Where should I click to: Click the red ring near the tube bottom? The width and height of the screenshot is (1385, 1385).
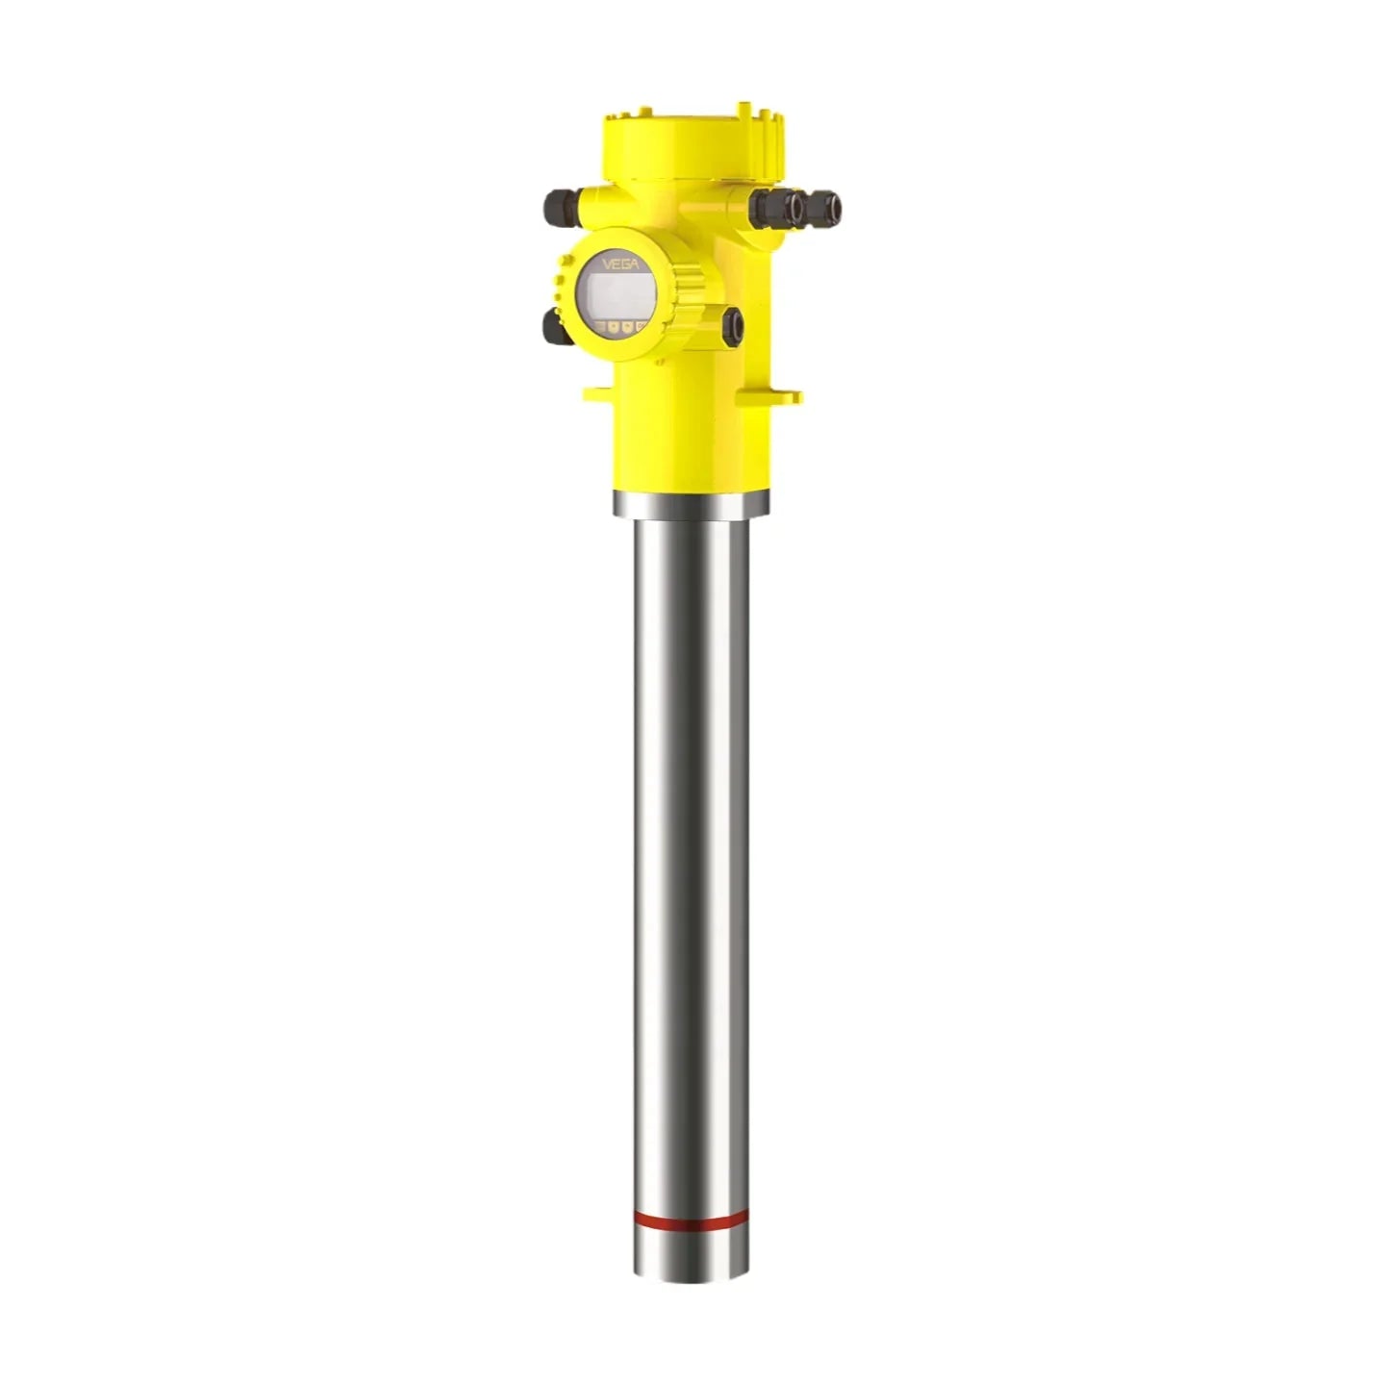coord(692,1217)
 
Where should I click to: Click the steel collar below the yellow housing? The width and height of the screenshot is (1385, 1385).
coord(692,503)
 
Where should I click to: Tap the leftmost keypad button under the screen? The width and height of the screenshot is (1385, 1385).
coord(601,327)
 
